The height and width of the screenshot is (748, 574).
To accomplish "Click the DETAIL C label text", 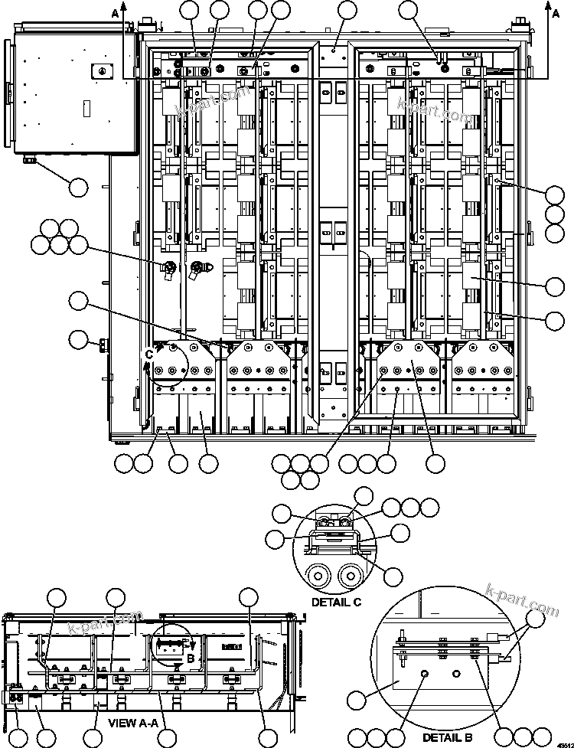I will tap(336, 602).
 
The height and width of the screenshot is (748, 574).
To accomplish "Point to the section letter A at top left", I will tap(116, 13).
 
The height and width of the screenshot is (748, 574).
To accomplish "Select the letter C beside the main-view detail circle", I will tap(149, 354).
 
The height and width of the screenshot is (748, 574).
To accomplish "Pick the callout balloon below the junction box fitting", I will tap(78, 185).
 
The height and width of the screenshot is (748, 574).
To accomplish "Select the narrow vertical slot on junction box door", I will tap(86, 106).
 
